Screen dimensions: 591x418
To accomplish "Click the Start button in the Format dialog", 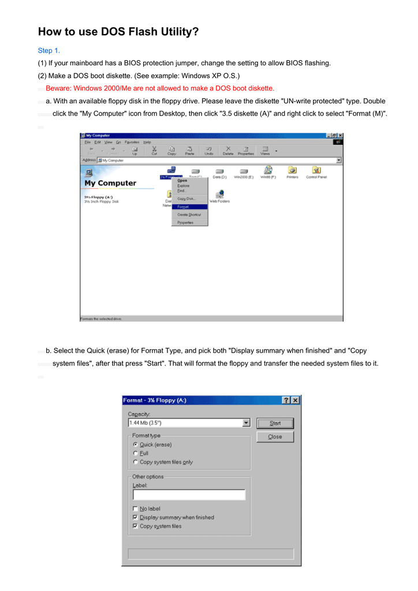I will (275, 423).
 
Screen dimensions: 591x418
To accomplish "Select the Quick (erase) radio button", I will (135, 444).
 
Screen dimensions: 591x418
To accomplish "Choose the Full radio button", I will (135, 453).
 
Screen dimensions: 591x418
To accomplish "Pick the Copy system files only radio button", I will (135, 462).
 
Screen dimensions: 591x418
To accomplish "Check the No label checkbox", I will (135, 508).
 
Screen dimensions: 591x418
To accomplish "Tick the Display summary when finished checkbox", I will (135, 517).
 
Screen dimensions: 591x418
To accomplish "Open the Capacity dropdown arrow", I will (247, 423).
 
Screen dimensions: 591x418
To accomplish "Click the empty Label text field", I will (189, 495).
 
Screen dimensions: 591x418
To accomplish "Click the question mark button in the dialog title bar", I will (286, 400).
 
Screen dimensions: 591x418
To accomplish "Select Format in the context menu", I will (183, 206).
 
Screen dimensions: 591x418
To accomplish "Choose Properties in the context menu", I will (185, 222).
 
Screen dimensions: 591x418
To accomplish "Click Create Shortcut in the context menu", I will (188, 214).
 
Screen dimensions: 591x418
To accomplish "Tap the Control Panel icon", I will (316, 170).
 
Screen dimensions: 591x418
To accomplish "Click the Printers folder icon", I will (292, 170).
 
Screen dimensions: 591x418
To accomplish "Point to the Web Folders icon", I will (219, 194).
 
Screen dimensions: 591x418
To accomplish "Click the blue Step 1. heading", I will (49, 51).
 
